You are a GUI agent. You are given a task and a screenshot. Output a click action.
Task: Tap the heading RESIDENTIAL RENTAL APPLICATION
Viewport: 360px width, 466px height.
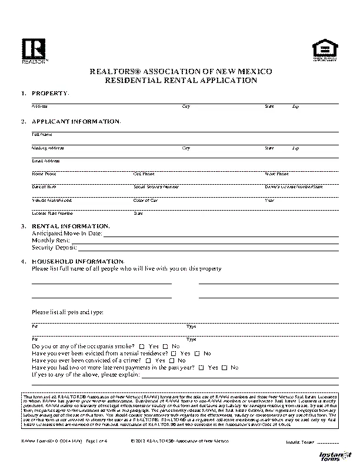click(181, 81)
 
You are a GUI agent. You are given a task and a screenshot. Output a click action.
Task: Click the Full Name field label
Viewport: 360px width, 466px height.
click(39, 135)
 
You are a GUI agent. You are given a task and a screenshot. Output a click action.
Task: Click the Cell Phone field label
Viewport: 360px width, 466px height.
click(144, 174)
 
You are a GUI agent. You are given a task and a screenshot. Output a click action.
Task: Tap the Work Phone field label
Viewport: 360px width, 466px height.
click(276, 174)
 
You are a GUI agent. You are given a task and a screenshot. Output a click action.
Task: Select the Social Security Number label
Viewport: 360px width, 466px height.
click(156, 187)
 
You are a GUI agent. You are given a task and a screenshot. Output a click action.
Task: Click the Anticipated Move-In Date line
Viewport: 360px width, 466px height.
click(221, 234)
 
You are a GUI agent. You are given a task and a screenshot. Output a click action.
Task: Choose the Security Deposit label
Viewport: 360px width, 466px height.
click(54, 248)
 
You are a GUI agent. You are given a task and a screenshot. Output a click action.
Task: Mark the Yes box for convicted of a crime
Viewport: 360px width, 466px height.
click(148, 361)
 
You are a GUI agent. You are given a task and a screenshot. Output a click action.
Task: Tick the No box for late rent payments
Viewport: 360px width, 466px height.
click(225, 368)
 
